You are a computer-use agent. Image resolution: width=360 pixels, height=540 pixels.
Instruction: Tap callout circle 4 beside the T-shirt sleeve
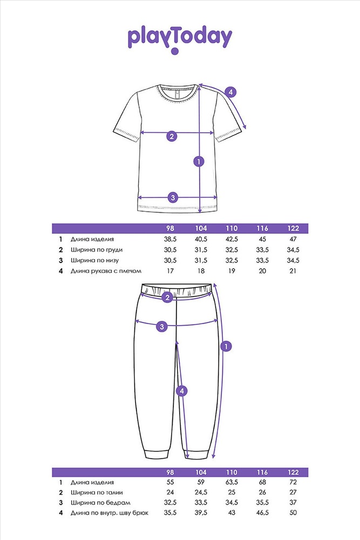click(230, 92)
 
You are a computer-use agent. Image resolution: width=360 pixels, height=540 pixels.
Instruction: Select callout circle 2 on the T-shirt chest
click(172, 136)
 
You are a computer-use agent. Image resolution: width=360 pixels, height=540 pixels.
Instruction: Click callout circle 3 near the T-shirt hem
click(173, 198)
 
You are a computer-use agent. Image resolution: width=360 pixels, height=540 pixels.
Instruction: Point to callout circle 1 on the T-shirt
click(199, 161)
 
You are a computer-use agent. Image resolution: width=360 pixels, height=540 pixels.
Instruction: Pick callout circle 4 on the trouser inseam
click(182, 391)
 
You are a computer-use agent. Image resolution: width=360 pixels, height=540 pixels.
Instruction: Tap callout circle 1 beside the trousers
click(226, 346)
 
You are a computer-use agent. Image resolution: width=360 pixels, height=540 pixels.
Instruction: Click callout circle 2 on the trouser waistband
click(167, 297)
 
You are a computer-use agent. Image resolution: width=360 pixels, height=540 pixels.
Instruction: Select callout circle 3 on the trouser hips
click(162, 326)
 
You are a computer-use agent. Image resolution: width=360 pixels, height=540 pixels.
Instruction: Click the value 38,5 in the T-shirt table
click(170, 239)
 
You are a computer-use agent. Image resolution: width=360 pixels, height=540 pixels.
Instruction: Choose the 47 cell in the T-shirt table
click(293, 239)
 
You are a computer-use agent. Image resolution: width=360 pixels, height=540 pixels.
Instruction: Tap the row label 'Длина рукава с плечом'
click(106, 271)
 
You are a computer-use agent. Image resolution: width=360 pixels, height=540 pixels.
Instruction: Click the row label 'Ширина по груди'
click(97, 249)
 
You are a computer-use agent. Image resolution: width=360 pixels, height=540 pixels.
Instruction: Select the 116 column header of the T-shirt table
click(262, 228)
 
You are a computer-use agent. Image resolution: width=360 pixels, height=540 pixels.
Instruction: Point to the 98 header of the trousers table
click(170, 473)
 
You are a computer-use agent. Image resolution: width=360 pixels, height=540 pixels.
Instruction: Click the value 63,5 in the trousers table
click(232, 482)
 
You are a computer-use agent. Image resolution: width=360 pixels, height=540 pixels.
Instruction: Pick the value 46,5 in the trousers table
click(262, 513)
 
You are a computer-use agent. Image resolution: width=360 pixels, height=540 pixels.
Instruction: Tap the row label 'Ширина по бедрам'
click(100, 502)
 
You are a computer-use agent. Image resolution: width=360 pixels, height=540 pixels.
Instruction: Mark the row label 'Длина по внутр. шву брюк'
click(110, 513)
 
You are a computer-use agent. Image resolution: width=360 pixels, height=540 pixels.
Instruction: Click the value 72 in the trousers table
click(293, 482)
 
